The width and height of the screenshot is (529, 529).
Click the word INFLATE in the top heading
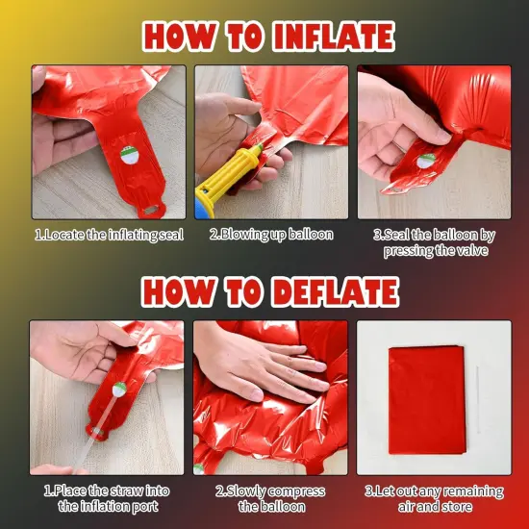tap(319, 36)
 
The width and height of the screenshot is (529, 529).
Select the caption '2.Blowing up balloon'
tap(271, 234)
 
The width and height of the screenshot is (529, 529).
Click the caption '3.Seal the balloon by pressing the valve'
tap(434, 242)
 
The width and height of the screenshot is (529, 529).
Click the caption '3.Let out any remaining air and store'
tap(434, 498)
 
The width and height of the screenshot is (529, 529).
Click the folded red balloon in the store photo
tap(427, 400)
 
